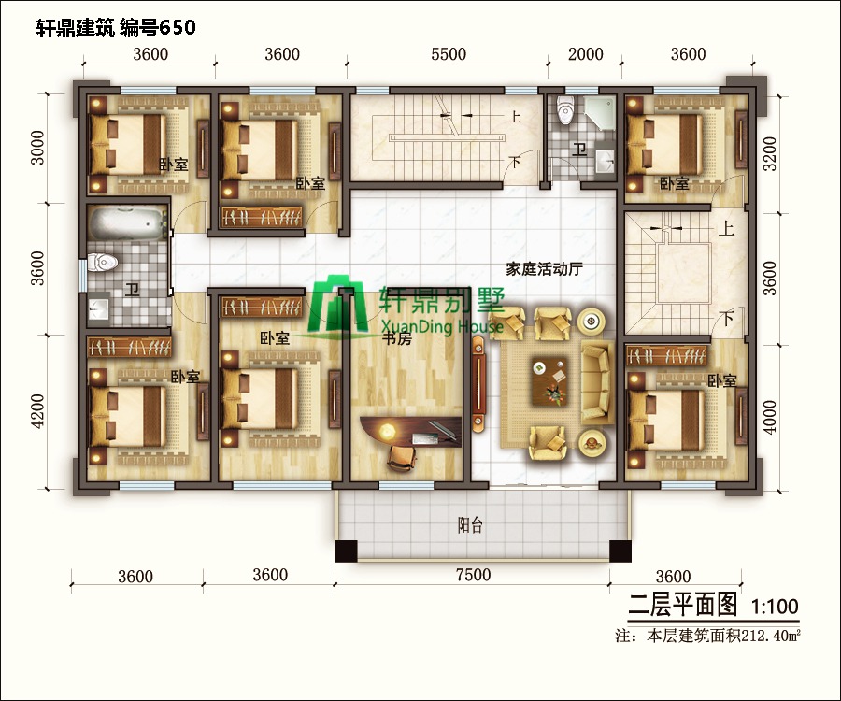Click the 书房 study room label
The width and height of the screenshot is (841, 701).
(x=397, y=339)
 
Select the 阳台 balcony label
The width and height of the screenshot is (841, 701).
(x=470, y=525)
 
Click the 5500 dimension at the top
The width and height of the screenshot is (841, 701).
(x=448, y=54)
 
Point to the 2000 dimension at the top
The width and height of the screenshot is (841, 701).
(x=586, y=54)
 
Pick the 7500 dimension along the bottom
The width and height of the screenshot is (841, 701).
(x=472, y=575)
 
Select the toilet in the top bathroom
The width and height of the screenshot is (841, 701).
(x=564, y=111)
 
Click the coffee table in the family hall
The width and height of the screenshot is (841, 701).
(x=549, y=379)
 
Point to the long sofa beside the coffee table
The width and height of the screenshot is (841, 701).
(x=595, y=380)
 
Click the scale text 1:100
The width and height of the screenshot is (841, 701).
(x=775, y=607)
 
